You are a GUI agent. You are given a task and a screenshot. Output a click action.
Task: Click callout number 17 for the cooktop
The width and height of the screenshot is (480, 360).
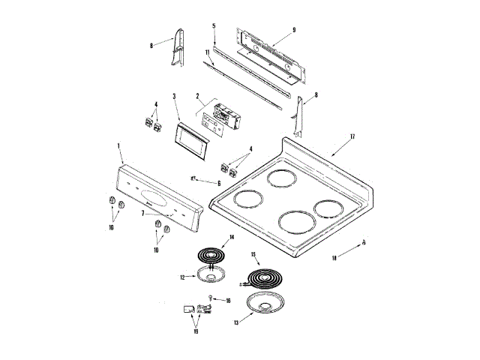pyautogui.click(x=351, y=136)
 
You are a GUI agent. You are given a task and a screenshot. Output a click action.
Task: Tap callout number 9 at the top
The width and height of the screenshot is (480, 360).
pyautogui.click(x=294, y=29)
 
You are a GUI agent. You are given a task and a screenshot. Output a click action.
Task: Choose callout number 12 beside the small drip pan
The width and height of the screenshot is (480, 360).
pyautogui.click(x=181, y=277)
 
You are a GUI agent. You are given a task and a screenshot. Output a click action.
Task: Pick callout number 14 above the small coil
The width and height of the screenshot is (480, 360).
pyautogui.click(x=232, y=238)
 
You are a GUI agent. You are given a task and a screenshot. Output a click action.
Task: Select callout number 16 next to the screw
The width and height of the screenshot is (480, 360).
pyautogui.click(x=229, y=300)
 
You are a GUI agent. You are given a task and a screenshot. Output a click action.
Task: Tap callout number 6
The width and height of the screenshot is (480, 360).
pyautogui.click(x=218, y=183)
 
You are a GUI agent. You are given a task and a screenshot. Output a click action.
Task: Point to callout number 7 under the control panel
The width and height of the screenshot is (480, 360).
pyautogui.click(x=142, y=213)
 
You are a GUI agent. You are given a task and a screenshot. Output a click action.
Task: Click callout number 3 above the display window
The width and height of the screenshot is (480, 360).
pyautogui.click(x=174, y=96)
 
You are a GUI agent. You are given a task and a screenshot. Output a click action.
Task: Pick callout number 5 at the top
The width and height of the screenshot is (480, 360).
pyautogui.click(x=214, y=25)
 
